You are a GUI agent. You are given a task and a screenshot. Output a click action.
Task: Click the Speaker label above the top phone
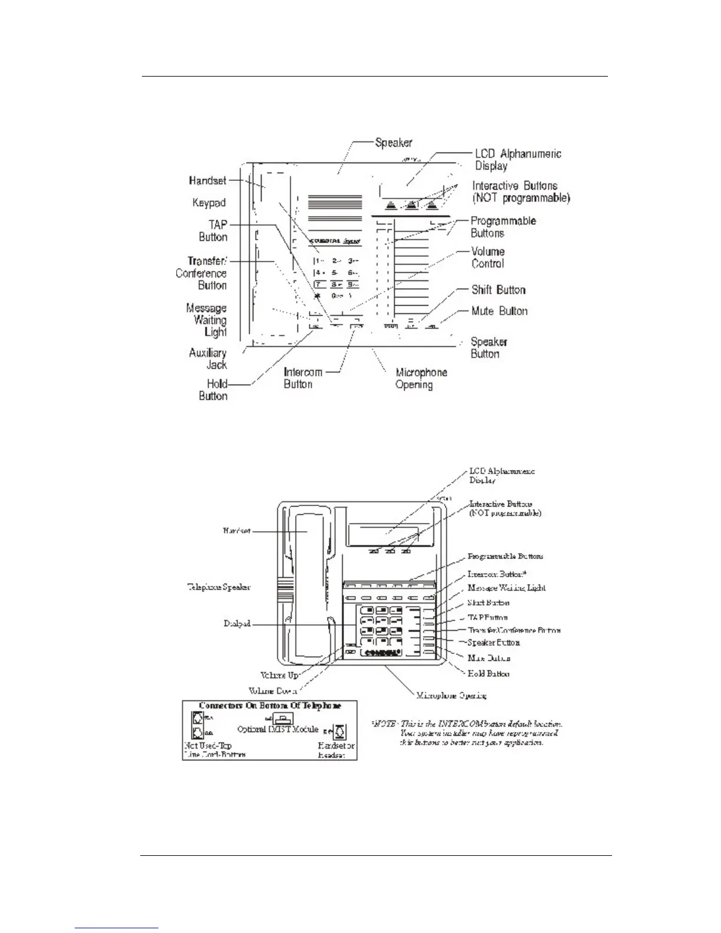[x=393, y=143]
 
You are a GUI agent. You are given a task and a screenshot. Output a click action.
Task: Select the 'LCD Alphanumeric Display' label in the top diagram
[x=518, y=160]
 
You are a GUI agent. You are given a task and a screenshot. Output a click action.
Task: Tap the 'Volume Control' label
[x=488, y=258]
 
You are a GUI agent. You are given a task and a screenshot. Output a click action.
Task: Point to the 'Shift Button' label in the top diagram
[x=498, y=290]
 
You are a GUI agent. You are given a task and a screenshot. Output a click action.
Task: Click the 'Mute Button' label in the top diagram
[x=500, y=311]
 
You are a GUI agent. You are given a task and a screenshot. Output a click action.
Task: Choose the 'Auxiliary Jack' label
[x=208, y=359]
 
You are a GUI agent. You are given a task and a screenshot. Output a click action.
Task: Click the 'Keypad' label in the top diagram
[x=209, y=203]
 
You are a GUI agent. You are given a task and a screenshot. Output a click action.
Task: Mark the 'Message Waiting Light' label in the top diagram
[x=207, y=320]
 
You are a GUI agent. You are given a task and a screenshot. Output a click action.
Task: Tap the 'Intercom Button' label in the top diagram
[x=303, y=378]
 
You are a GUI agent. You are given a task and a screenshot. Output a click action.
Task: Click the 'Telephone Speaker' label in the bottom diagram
[x=219, y=587]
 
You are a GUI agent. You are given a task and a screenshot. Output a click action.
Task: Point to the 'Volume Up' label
[x=280, y=676]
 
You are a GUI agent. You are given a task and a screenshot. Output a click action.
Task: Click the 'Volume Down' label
[x=272, y=690]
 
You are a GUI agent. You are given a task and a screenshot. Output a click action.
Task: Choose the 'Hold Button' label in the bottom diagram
[x=488, y=673]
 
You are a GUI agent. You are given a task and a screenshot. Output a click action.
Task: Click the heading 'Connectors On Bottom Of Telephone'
[x=270, y=706]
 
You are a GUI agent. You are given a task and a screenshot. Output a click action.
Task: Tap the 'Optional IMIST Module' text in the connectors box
[x=277, y=729]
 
